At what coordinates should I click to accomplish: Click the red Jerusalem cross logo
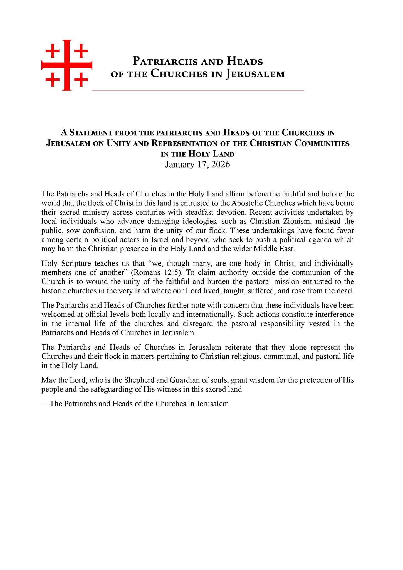pos(67,65)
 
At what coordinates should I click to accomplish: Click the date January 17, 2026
pos(197,164)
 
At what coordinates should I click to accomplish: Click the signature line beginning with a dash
pos(135,404)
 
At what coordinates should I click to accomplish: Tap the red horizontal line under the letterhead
pos(198,91)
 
